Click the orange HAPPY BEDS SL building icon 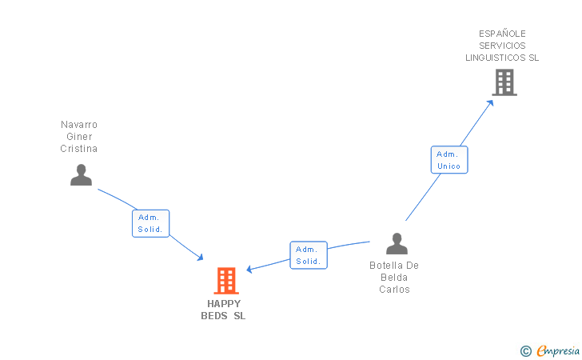[x=226, y=281]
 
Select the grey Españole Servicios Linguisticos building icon [x=504, y=82]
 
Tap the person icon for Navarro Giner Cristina [x=81, y=175]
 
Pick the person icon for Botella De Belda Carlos [x=397, y=244]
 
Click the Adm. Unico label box [x=449, y=160]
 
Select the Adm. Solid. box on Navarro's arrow [x=150, y=223]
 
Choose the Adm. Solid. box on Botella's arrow [x=308, y=255]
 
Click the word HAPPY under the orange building [x=224, y=304]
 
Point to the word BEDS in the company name [x=213, y=316]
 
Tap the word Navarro [x=79, y=125]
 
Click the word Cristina [x=79, y=149]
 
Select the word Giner [x=79, y=137]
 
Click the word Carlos [x=394, y=290]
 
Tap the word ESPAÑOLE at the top [x=502, y=34]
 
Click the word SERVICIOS [x=502, y=46]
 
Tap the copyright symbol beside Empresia [x=525, y=351]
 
